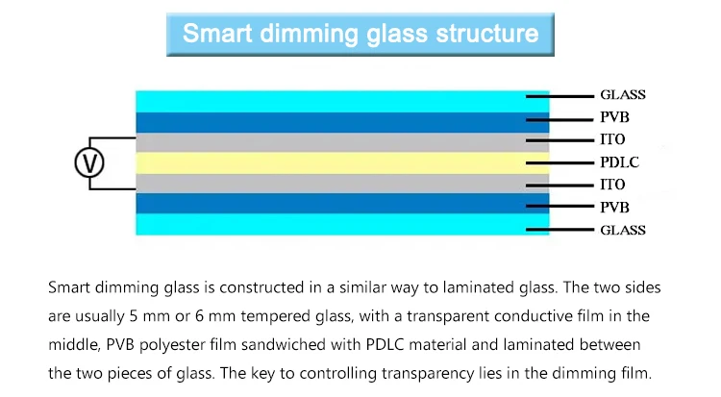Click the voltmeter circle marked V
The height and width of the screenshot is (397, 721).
(x=88, y=162)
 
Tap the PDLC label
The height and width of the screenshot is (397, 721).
(x=619, y=162)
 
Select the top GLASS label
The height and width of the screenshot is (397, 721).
(x=622, y=95)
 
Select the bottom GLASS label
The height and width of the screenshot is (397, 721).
(x=622, y=230)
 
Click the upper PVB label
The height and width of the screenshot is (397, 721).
(x=615, y=118)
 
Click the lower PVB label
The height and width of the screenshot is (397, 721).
(x=615, y=207)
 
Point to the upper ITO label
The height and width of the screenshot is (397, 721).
(x=612, y=140)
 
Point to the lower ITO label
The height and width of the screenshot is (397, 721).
(x=612, y=185)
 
